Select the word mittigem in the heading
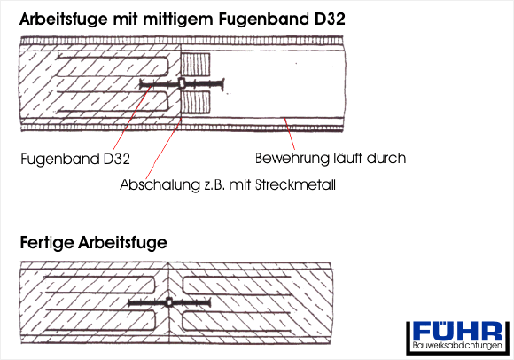coord(179,20)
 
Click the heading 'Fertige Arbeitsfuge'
coord(94,243)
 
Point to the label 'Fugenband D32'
coord(75,160)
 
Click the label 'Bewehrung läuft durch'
coord(331,159)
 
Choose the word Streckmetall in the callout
coord(295,185)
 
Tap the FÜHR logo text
coord(457,332)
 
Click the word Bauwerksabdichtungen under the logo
coord(457,346)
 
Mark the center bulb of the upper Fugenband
coord(182,83)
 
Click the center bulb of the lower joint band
coord(168,302)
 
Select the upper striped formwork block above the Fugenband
coord(196,65)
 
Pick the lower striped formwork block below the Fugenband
coord(196,103)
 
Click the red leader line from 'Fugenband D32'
coord(132,118)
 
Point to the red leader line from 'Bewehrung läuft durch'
coord(290,134)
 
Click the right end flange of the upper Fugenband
coord(222,84)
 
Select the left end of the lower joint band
coord(129,303)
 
